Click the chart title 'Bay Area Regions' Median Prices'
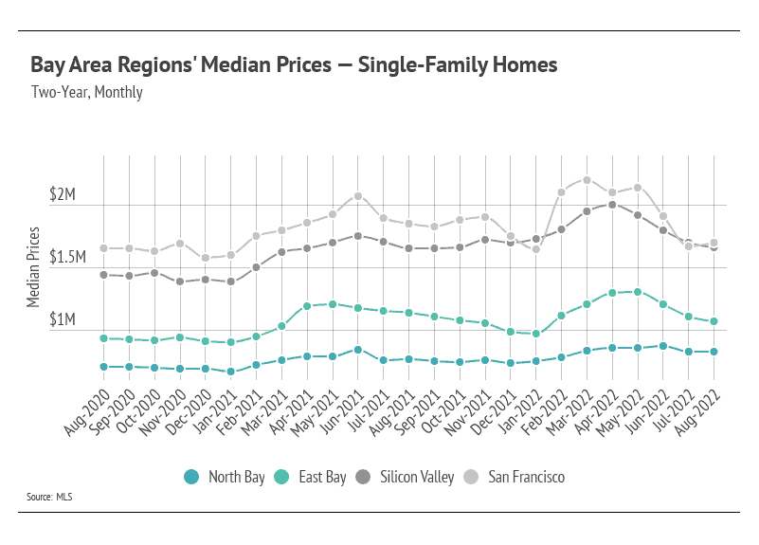(294, 65)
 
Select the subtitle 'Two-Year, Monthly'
(86, 92)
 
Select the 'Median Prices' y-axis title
(34, 266)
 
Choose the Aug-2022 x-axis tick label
(696, 405)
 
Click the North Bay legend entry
(226, 477)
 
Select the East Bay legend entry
(313, 477)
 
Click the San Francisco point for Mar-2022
(587, 180)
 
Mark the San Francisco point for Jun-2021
(358, 196)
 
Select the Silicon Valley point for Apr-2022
(612, 205)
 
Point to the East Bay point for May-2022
(638, 292)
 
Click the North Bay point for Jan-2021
(231, 372)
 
